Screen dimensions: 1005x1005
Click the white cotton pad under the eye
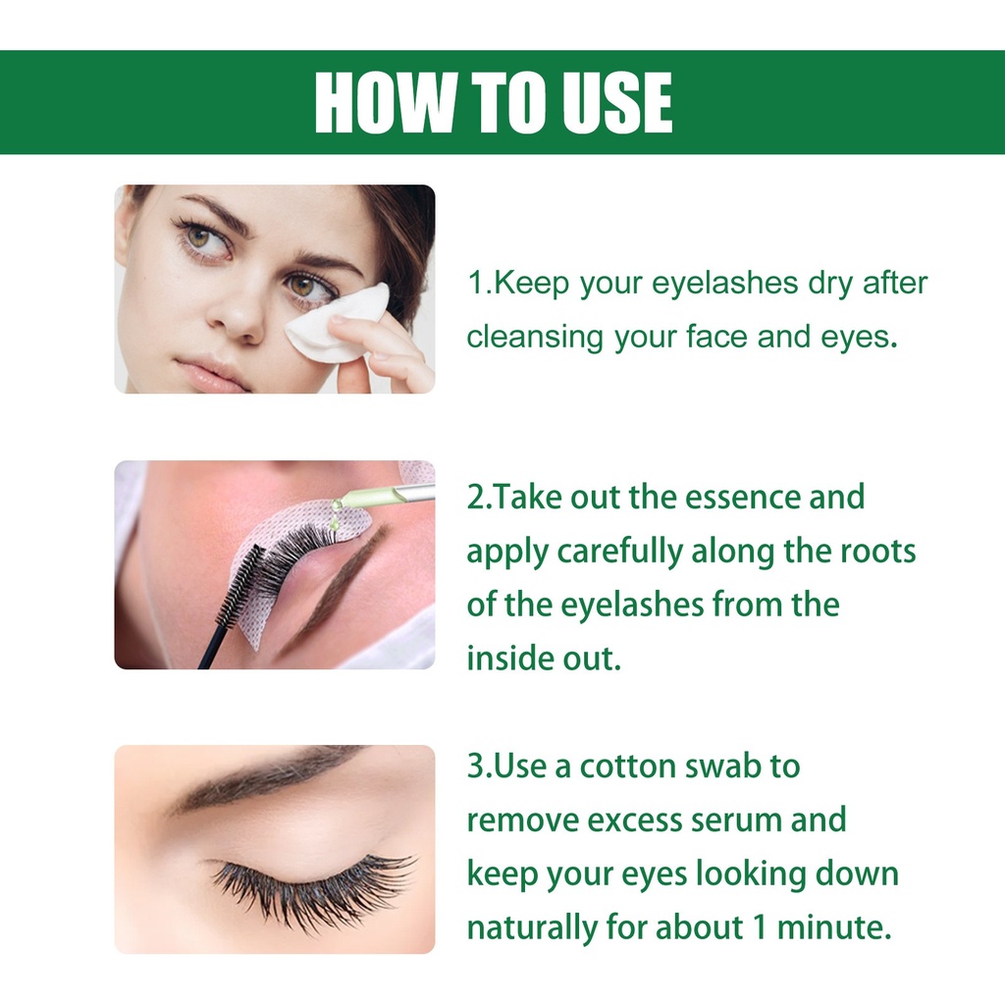336,322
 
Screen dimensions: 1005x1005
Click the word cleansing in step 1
535,339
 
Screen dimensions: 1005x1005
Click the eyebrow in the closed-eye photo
269,778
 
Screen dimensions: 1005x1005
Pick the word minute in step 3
834,927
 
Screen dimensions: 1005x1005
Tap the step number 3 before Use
475,766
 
